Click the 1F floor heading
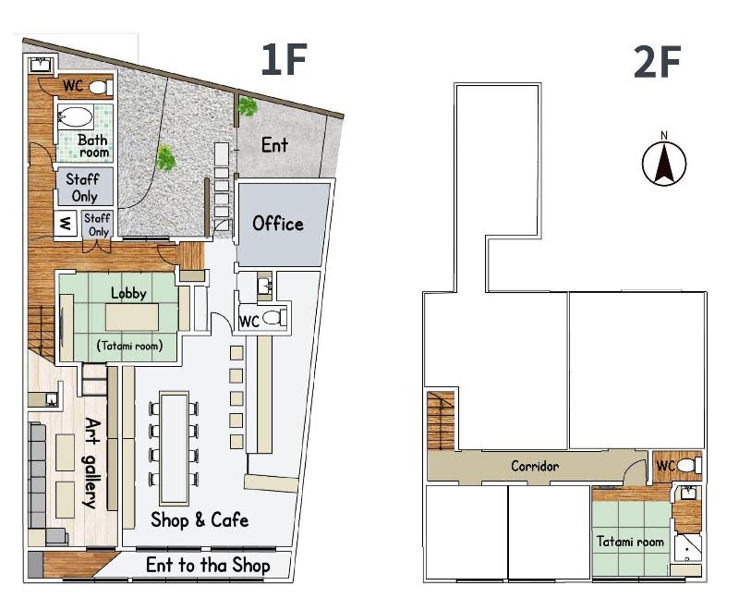pyautogui.click(x=284, y=59)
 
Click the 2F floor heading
pyautogui.click(x=657, y=62)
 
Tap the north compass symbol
pyautogui.click(x=664, y=159)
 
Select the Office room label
pyautogui.click(x=278, y=224)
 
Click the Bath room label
pyautogui.click(x=93, y=146)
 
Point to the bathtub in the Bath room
pyautogui.click(x=75, y=116)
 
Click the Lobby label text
pyautogui.click(x=128, y=293)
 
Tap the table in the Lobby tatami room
pyautogui.click(x=132, y=317)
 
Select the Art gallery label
pyautogui.click(x=91, y=463)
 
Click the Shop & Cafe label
pyautogui.click(x=200, y=520)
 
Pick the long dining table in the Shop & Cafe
pyautogui.click(x=174, y=448)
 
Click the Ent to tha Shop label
pyautogui.click(x=208, y=566)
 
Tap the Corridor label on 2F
pyautogui.click(x=535, y=466)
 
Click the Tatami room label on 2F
pyautogui.click(x=630, y=542)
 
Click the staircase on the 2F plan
pyautogui.click(x=442, y=420)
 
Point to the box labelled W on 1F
pyautogui.click(x=65, y=224)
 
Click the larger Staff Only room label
pyautogui.click(x=84, y=187)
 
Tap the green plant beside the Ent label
pyautogui.click(x=247, y=106)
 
